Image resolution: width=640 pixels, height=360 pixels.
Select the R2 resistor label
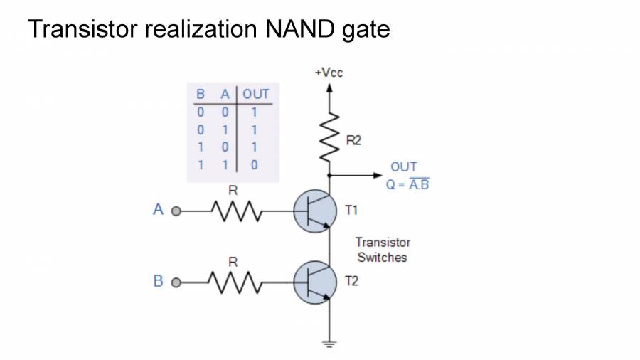[x=353, y=141]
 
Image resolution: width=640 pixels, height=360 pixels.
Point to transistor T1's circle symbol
[x=314, y=211]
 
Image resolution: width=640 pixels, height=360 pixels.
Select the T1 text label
[x=351, y=211]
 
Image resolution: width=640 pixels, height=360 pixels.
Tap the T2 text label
[x=351, y=282]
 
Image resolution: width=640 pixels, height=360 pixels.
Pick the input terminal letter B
[x=159, y=281]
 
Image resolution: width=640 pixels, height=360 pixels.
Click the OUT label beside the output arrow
[x=404, y=167]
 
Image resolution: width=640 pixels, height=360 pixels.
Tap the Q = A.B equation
[x=407, y=184]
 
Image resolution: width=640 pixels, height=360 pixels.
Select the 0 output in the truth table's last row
[x=254, y=165]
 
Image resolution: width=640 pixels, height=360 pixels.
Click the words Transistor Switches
[x=383, y=250]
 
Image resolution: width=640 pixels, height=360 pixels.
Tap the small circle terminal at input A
[x=176, y=211]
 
